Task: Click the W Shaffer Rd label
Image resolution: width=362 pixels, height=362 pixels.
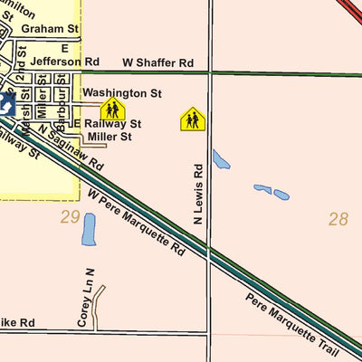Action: click(158, 63)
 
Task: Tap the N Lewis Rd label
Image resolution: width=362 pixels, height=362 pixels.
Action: click(199, 194)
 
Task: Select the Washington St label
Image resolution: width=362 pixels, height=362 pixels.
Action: click(121, 93)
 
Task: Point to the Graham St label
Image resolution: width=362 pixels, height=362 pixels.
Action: click(50, 29)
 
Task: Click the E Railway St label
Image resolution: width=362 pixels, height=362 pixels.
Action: click(107, 124)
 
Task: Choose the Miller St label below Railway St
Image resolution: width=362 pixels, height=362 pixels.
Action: click(110, 137)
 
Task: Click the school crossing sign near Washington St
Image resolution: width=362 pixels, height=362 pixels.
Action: click(112, 110)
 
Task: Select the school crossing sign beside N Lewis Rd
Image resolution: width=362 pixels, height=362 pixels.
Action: click(192, 119)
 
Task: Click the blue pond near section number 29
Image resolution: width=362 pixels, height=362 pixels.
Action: click(88, 230)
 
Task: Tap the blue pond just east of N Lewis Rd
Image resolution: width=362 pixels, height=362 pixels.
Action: click(221, 159)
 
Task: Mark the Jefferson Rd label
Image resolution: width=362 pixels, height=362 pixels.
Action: click(62, 62)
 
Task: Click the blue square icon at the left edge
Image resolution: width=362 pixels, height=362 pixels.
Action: click(5, 104)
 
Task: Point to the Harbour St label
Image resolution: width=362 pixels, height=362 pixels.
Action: click(62, 104)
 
